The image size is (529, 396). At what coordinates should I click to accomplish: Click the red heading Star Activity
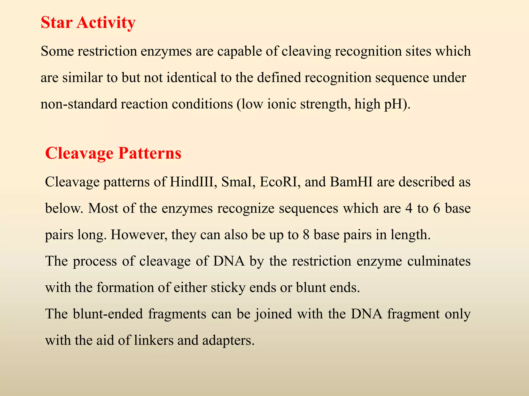pos(88,23)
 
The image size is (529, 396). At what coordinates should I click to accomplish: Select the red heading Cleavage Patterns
pos(113,153)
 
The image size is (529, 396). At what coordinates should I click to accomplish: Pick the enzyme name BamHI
pos(351,182)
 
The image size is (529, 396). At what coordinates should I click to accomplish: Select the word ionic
pos(281,104)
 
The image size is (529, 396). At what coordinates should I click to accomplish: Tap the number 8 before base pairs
pos(306,235)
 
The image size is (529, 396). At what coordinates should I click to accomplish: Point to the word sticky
pos(228,288)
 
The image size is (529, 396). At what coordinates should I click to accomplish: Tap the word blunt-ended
pos(108,314)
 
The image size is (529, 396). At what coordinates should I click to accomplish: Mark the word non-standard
pos(79,104)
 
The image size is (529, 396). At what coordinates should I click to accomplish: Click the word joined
pos(274,314)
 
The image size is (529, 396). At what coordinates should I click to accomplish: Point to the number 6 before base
pos(437,208)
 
